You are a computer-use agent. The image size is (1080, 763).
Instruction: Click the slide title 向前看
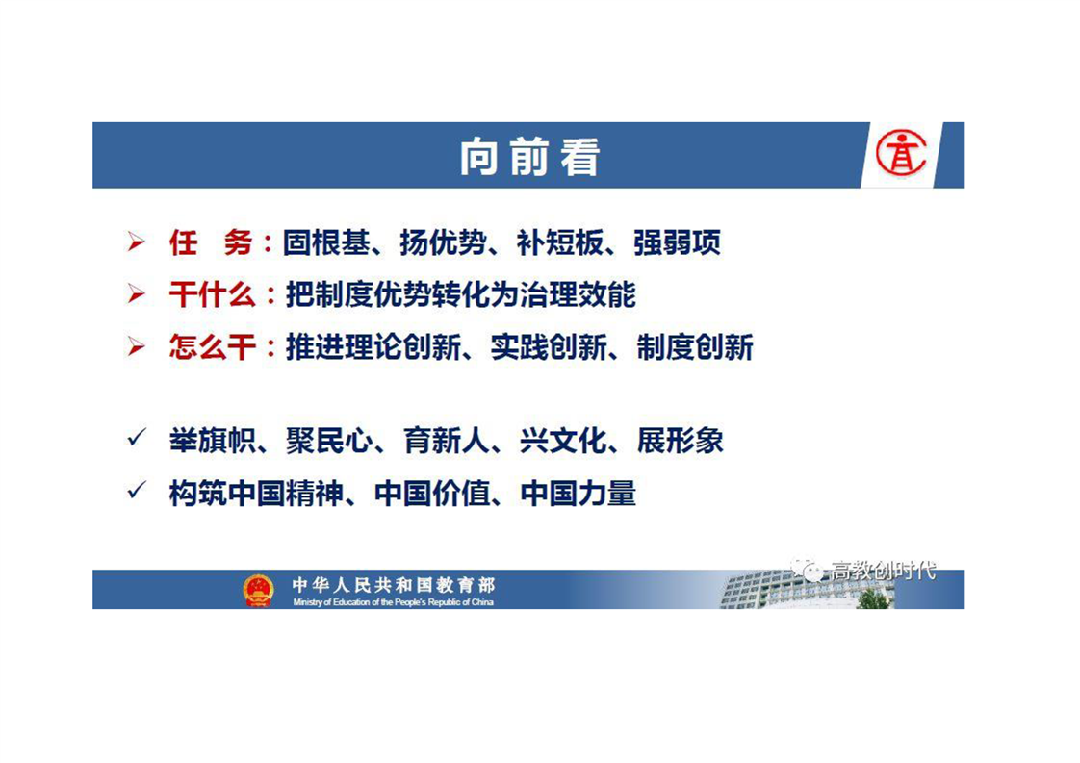coord(529,156)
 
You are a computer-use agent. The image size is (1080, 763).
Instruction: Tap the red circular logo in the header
coord(901,153)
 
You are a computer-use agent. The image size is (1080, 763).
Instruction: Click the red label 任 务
coord(211,242)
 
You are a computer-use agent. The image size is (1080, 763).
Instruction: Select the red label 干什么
coord(212,294)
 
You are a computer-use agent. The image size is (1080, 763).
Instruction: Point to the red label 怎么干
coord(212,347)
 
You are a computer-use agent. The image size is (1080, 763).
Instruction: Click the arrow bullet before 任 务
coord(137,242)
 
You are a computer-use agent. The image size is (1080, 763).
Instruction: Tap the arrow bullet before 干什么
coord(137,294)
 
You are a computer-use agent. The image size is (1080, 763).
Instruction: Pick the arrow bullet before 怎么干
coord(137,346)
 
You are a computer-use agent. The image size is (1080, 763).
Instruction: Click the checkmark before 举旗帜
coord(137,437)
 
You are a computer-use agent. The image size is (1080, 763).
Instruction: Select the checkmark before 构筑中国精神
coord(137,490)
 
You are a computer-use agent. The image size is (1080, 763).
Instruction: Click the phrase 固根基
coord(325,242)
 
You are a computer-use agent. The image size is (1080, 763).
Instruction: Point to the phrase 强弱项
coord(677,242)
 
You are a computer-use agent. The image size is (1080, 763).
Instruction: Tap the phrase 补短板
coord(560,242)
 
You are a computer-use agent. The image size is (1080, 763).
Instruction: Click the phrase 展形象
coord(680,441)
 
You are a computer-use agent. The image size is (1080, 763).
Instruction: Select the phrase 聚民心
coord(329,441)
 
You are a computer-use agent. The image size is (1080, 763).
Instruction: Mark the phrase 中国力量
coord(578,493)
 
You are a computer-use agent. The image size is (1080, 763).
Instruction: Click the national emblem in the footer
coord(258,590)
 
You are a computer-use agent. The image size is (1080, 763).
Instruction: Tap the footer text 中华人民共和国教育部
coord(394,585)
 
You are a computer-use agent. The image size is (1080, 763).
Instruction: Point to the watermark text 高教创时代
coord(884,571)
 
